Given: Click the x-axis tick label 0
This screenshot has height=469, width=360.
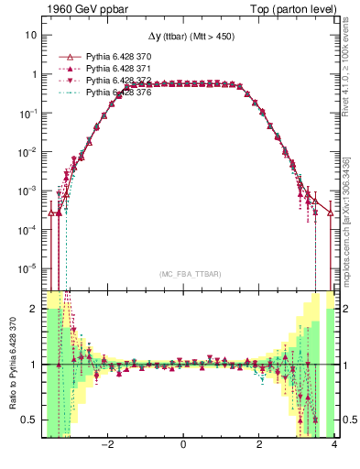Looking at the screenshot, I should [x=183, y=446].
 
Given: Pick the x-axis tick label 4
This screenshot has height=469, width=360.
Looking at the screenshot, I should [x=334, y=446].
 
